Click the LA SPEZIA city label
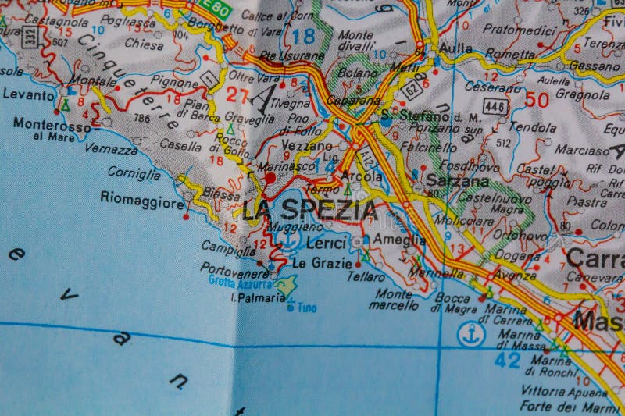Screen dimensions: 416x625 coord(309,210)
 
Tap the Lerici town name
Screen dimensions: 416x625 coord(325,243)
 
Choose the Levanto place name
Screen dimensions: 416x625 coord(29,94)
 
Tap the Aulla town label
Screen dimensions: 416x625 coord(455,48)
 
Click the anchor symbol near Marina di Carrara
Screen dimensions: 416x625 coord(471,334)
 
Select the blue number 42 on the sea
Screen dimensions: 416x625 coord(507,359)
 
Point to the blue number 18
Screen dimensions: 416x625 coord(303,34)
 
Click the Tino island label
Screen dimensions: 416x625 coord(307,308)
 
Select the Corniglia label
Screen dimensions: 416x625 coord(134,172)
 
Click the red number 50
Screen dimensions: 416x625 coord(537,99)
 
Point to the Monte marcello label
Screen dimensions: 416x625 coord(396,300)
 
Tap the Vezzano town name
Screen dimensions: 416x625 coord(307,146)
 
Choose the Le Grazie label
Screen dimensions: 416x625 coord(321,263)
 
